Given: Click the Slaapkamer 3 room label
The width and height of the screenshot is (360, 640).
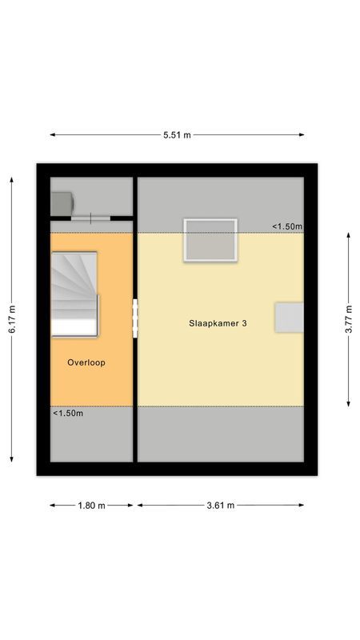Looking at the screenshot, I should click(x=218, y=324).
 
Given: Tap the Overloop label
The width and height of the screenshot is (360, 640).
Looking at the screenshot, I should click(x=86, y=362).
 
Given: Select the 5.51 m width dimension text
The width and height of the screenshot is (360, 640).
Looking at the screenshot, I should click(x=177, y=135).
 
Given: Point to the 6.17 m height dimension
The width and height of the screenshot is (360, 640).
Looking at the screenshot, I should click(x=12, y=320).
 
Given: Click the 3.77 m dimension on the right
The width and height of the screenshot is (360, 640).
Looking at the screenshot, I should click(x=350, y=320).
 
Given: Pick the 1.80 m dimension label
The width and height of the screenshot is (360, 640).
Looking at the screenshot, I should click(x=91, y=505).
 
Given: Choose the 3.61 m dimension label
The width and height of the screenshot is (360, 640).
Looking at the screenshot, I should click(x=220, y=505).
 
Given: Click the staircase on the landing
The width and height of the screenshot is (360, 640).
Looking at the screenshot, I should click(x=74, y=294).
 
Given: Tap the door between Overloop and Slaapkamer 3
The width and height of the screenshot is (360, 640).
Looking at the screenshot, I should click(x=135, y=319).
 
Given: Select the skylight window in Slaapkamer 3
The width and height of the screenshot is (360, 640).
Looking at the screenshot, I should click(x=210, y=240).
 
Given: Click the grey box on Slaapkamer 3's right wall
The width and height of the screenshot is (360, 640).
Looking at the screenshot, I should click(x=289, y=317).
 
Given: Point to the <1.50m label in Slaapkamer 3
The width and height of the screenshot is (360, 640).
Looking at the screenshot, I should click(x=286, y=226).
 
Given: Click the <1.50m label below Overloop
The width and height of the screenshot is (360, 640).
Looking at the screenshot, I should click(x=68, y=414).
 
